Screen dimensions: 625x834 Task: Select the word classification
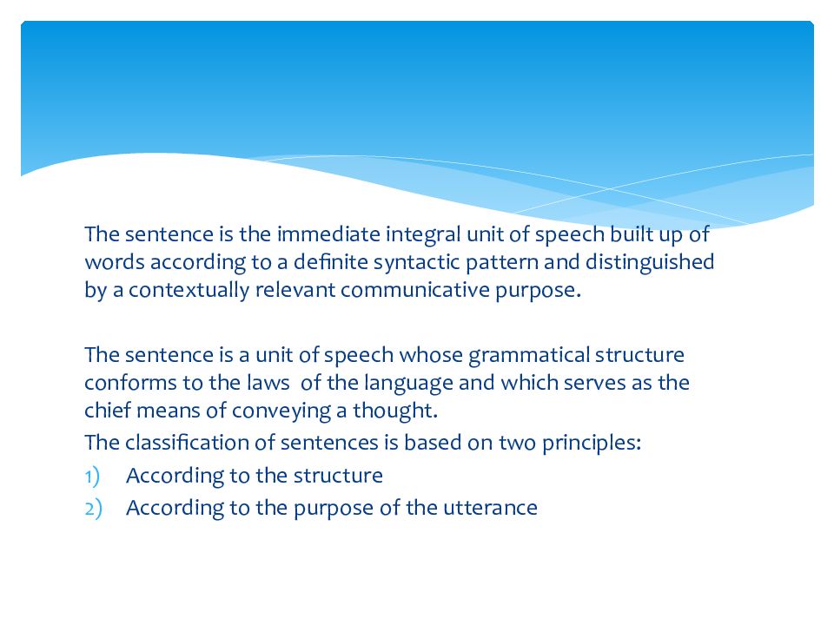click(x=184, y=443)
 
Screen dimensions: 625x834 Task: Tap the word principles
click(x=596, y=443)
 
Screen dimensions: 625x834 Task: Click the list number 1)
click(x=93, y=476)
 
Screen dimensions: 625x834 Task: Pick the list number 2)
click(x=93, y=508)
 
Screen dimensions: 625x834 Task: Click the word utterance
click(x=495, y=508)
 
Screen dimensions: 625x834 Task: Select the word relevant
click(x=295, y=290)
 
